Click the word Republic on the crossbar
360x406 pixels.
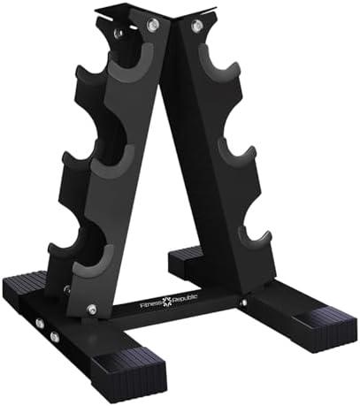[183, 299]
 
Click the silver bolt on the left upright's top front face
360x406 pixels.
[152, 27]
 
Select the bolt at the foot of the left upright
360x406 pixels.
[92, 310]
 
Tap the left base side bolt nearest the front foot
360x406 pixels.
[54, 337]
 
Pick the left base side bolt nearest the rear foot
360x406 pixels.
[39, 324]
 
